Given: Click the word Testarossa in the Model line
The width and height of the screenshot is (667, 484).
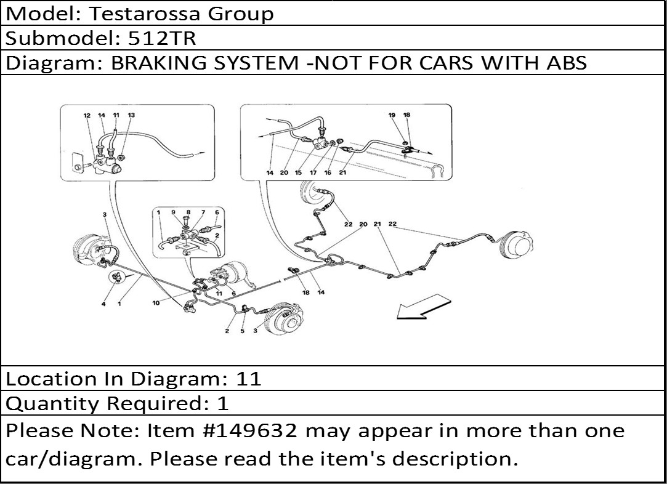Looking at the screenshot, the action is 144,14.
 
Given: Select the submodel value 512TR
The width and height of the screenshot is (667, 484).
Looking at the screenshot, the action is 162,38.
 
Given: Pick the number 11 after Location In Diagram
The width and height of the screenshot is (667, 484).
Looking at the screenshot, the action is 248,379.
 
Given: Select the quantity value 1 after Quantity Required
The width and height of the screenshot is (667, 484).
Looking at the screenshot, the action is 223,403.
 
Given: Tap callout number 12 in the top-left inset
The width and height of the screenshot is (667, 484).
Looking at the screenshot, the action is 87,115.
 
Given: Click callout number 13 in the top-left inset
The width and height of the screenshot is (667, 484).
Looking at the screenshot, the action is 131,115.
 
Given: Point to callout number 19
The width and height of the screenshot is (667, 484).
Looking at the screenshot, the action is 392,115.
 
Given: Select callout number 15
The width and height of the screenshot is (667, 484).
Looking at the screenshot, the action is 298,172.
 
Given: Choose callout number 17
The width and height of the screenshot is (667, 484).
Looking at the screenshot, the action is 313,172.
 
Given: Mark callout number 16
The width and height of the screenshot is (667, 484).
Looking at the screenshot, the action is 328,172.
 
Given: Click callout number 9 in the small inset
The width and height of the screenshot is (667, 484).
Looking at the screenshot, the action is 173,212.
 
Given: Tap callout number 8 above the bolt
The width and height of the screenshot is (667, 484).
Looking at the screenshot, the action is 188,212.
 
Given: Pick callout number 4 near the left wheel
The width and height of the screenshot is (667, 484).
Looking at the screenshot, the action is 103,304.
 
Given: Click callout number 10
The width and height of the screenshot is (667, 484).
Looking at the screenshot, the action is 156,303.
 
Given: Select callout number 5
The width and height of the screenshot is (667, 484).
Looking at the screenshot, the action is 243,331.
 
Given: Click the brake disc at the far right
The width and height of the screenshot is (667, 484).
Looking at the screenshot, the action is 517,244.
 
